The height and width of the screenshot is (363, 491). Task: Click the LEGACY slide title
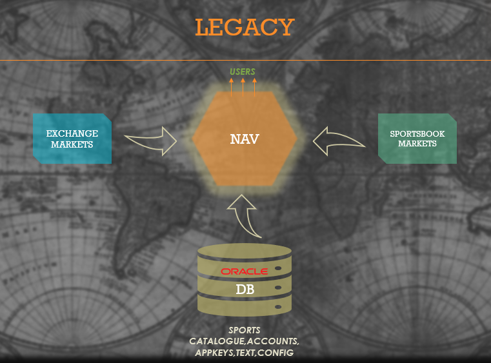(245, 28)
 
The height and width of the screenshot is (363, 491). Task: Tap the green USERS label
(243, 72)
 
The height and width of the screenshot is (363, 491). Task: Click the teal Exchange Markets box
(72, 138)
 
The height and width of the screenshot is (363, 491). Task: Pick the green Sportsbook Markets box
(417, 138)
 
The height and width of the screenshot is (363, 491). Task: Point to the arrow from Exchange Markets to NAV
(150, 141)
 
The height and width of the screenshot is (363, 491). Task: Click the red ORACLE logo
(245, 271)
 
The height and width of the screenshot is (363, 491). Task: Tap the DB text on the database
(245, 289)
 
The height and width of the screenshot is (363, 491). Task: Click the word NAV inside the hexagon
(245, 139)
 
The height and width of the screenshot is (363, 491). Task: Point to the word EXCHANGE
(72, 133)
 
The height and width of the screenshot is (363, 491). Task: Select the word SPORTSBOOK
(417, 134)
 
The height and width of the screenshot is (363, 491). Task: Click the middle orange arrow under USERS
(243, 86)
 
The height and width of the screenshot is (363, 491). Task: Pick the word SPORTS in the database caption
(245, 330)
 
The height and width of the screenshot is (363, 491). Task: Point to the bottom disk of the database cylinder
(245, 306)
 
